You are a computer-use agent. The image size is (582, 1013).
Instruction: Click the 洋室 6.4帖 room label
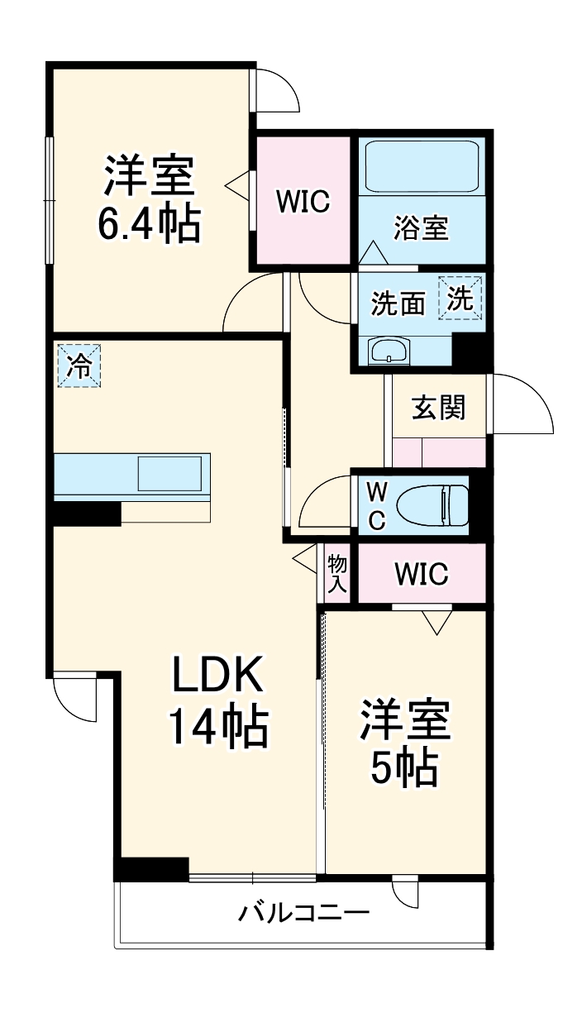(x=149, y=198)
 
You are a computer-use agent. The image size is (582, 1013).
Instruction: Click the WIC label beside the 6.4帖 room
(x=303, y=201)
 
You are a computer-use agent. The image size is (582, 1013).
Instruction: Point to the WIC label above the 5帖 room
(x=421, y=573)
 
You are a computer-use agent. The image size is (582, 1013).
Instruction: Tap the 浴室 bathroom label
(x=421, y=227)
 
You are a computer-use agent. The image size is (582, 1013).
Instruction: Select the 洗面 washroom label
(x=398, y=304)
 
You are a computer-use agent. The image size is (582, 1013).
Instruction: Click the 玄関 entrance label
(x=438, y=407)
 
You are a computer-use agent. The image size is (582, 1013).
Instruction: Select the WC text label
(x=376, y=505)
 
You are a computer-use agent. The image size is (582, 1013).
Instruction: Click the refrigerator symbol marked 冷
(x=79, y=366)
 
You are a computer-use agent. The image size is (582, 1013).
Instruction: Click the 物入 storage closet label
(x=336, y=573)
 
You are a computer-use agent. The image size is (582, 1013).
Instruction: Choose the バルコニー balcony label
(x=303, y=914)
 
